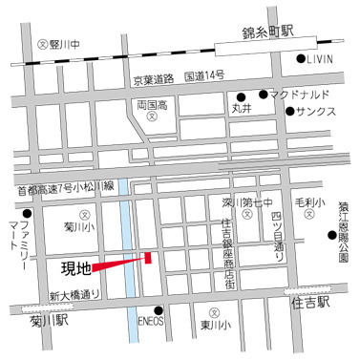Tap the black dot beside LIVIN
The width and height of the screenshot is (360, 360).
pyautogui.click(x=301, y=60)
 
